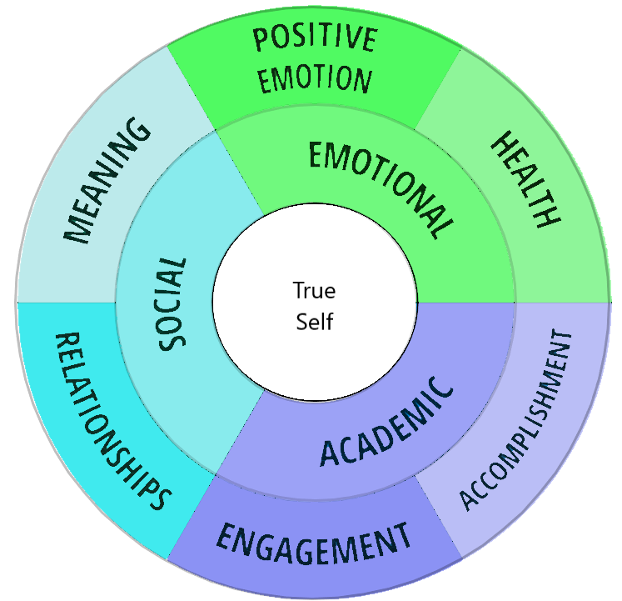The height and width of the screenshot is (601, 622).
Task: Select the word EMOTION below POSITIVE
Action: point(314,79)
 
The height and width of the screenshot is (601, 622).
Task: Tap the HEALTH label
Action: point(525,180)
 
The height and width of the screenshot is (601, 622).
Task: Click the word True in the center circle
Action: point(314,291)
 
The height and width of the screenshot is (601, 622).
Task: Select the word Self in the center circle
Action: point(314,320)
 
